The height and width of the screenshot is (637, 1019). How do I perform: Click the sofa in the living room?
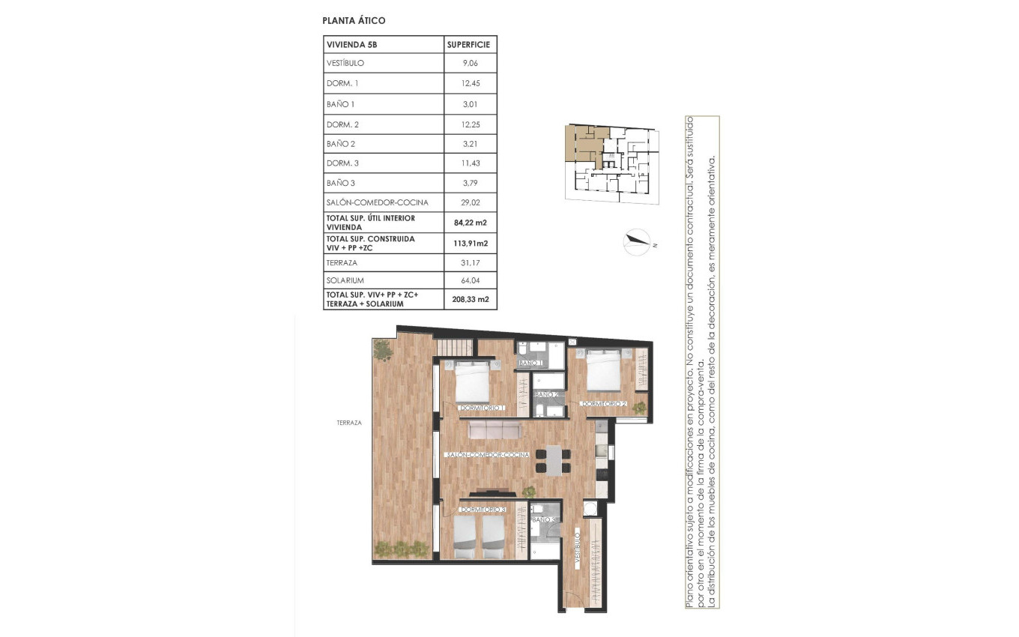tap(494, 429)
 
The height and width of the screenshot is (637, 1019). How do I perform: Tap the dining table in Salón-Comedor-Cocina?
tap(552, 459)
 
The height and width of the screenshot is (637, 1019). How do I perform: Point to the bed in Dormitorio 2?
tap(603, 370)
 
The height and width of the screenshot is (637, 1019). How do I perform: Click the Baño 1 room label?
tap(530, 363)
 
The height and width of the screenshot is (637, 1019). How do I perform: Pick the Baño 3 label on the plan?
tap(543, 519)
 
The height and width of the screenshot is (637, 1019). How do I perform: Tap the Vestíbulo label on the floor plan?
tap(578, 548)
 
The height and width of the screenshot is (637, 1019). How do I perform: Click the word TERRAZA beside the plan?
tap(349, 423)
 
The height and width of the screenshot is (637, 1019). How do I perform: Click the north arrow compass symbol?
tap(638, 241)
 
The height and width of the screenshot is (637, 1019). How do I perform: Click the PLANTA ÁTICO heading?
tap(354, 21)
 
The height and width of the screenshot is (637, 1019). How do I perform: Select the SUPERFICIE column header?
tap(470, 45)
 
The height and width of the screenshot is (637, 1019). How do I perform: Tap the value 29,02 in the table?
tap(470, 202)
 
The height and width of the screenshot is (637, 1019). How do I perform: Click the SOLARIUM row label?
tap(345, 280)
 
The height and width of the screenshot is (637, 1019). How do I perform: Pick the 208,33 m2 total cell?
tap(470, 299)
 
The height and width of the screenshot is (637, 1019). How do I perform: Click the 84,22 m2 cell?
tap(470, 222)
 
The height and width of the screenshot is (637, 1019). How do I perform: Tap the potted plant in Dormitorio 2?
tap(639, 407)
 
